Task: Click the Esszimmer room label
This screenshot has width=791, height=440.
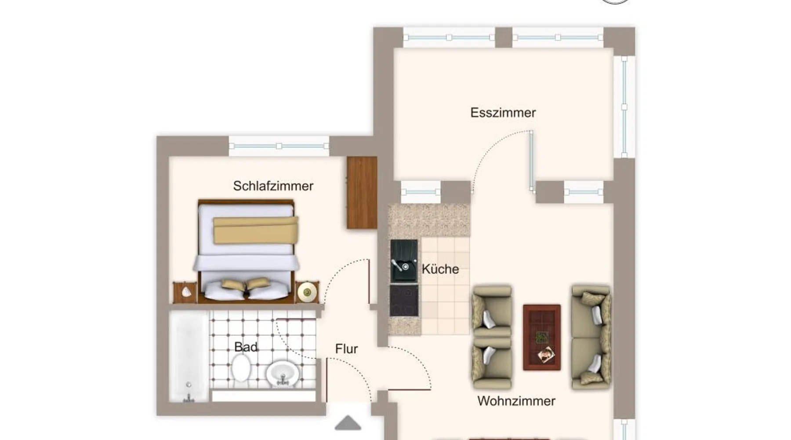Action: coord(503,113)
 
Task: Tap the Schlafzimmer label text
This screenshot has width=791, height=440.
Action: coord(273,186)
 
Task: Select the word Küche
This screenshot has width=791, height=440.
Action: coord(440,269)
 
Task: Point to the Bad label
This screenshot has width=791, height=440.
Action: coord(246,347)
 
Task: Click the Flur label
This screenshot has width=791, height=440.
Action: coord(346,349)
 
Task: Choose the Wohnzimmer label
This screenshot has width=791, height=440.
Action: coord(516,401)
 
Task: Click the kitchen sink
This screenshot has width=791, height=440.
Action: coord(404,261)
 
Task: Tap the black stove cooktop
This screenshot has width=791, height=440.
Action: coord(404,300)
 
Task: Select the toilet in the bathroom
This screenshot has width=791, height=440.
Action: coord(241,368)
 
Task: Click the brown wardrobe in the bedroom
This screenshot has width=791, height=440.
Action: coord(362,192)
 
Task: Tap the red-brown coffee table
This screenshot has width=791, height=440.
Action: coord(542,337)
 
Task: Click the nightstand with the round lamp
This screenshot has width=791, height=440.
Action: coord(307,292)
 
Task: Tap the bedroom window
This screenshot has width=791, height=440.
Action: coord(279,146)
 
